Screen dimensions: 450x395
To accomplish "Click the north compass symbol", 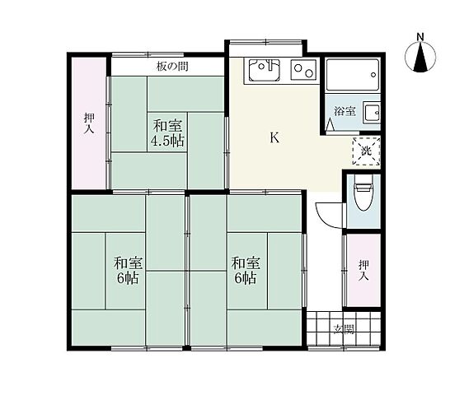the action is click(x=420, y=57).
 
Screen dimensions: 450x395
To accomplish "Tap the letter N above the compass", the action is click(x=420, y=37).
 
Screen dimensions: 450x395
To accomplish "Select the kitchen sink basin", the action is click(x=264, y=70).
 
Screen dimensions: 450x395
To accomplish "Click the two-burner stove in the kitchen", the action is click(x=303, y=70).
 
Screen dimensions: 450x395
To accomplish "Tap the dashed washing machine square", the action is click(x=366, y=151).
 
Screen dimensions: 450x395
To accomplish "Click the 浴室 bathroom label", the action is click(x=345, y=111).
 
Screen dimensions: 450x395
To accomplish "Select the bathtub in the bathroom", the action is click(x=353, y=75).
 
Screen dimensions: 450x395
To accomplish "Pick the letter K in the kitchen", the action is click(x=274, y=138).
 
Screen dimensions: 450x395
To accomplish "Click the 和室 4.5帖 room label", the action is click(x=167, y=133).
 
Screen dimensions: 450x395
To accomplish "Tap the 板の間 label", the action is click(x=172, y=67).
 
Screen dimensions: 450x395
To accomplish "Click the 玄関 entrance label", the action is click(x=345, y=330).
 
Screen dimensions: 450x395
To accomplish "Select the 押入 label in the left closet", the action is click(x=89, y=123).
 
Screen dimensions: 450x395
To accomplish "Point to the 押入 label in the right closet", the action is click(x=363, y=270).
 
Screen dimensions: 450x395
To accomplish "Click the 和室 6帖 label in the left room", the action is click(x=128, y=271).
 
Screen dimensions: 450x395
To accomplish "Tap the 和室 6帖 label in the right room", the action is click(x=246, y=271).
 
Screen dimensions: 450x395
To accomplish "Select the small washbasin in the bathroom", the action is click(x=372, y=113).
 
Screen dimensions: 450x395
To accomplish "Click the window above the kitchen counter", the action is click(x=266, y=43).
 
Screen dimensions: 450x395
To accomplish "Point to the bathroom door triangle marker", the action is click(x=330, y=124).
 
